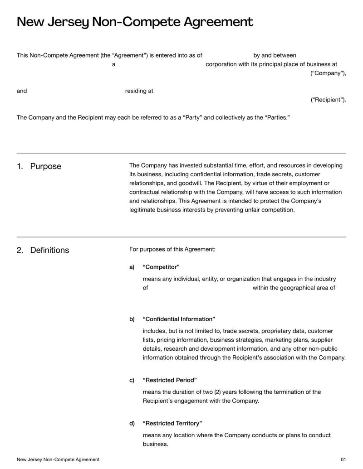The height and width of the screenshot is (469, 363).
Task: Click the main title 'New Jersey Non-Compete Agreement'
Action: (x=135, y=22)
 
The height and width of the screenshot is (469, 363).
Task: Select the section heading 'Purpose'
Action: (x=45, y=166)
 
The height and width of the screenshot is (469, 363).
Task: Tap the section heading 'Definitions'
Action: (x=49, y=250)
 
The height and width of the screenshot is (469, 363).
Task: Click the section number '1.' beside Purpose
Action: (x=20, y=166)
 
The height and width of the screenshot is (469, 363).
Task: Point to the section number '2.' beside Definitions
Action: (x=20, y=250)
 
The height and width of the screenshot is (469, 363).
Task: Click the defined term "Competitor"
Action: (x=161, y=267)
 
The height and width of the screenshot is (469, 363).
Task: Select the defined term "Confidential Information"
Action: (x=179, y=319)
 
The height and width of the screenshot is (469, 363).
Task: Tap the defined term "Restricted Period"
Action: (x=170, y=380)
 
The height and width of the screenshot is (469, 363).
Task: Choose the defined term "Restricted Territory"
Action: (x=172, y=423)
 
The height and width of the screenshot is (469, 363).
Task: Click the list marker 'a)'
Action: (x=132, y=267)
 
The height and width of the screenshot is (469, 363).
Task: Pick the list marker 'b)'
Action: (x=132, y=319)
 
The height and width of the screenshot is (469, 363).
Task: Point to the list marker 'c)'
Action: (x=132, y=380)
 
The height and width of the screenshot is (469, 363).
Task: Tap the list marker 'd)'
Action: (x=132, y=423)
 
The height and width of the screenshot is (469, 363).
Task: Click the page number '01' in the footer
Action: (x=343, y=459)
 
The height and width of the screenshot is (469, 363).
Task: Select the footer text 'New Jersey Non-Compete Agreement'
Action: (x=58, y=459)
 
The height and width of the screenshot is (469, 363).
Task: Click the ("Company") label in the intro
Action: (x=328, y=73)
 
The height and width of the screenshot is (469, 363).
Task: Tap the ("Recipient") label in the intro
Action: (x=328, y=100)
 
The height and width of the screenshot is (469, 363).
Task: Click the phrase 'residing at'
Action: (x=139, y=91)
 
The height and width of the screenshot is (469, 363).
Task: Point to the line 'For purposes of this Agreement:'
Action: (x=172, y=249)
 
